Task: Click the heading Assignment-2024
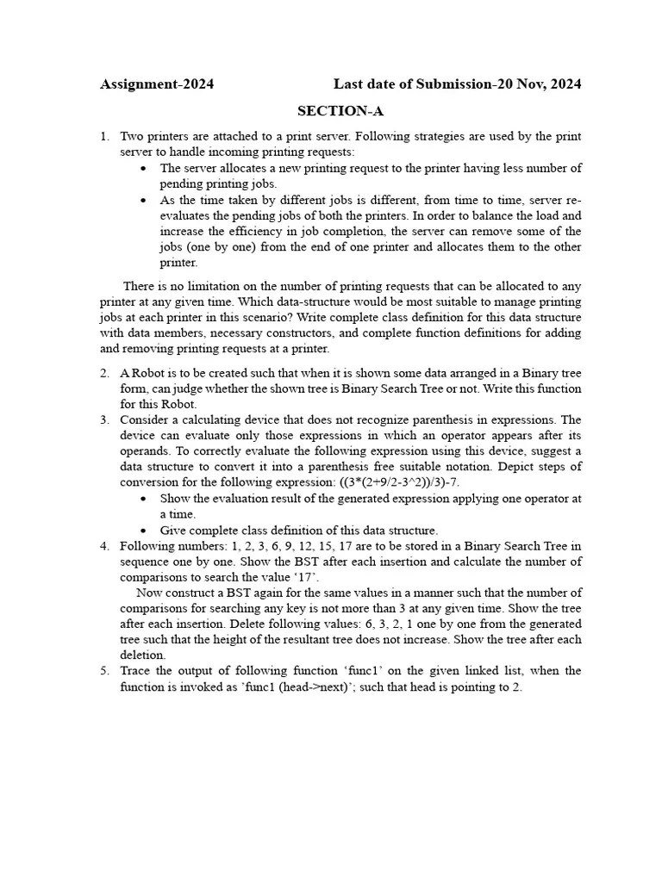[x=157, y=84]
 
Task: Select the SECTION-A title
[x=340, y=111]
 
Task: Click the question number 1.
[x=104, y=137]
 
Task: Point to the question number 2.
[x=104, y=373]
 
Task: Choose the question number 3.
[x=104, y=420]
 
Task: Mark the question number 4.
[x=104, y=546]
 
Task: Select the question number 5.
[x=104, y=671]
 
